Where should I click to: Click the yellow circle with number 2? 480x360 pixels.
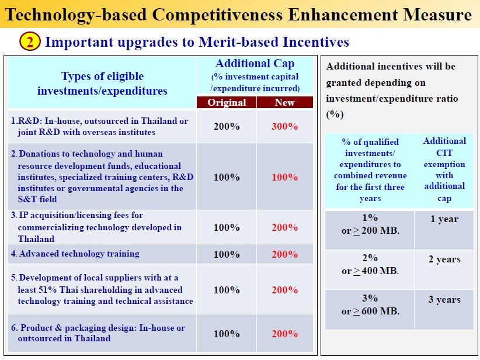click(x=30, y=41)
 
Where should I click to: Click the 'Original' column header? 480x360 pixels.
click(x=227, y=102)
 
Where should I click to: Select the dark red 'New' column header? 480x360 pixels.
click(x=285, y=102)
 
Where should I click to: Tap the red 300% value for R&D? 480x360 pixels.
click(x=285, y=126)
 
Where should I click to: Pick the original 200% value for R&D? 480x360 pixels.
click(x=227, y=126)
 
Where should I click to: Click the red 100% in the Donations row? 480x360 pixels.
click(x=285, y=177)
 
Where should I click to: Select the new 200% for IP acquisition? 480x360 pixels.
click(x=285, y=227)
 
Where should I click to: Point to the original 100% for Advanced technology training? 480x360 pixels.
click(x=227, y=254)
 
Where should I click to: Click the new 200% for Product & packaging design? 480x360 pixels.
click(x=285, y=334)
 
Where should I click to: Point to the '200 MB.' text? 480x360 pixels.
click(x=380, y=230)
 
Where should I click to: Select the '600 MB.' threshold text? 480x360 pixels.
click(x=380, y=311)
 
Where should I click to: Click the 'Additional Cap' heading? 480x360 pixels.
click(x=255, y=64)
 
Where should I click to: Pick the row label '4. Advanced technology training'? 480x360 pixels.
click(x=75, y=254)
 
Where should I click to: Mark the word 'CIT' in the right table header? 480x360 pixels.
click(x=444, y=153)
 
